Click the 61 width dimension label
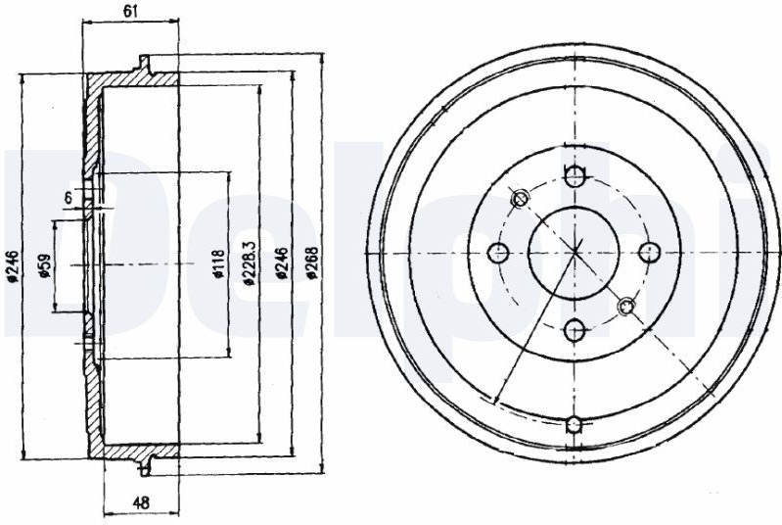[x=131, y=12]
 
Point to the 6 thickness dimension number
[x=68, y=197]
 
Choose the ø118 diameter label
[x=219, y=263]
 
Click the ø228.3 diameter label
[x=250, y=262]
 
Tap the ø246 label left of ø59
[x=13, y=266]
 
